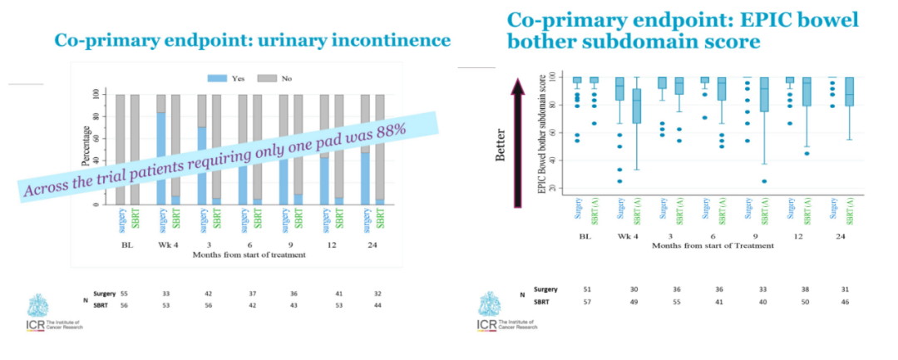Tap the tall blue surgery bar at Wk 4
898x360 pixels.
tap(160, 157)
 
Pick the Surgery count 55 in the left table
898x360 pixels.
tap(125, 295)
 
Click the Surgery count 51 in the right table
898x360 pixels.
tap(588, 289)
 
